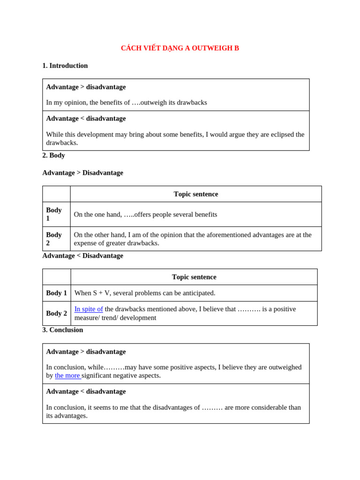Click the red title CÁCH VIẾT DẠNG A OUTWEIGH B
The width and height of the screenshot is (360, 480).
(x=180, y=48)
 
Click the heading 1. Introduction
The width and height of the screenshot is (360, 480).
(x=65, y=66)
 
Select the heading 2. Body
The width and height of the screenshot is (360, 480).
(x=53, y=155)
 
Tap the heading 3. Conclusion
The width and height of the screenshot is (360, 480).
(x=62, y=330)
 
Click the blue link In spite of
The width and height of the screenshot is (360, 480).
(x=89, y=309)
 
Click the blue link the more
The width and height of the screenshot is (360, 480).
(x=67, y=375)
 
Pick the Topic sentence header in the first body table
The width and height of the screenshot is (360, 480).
(x=195, y=194)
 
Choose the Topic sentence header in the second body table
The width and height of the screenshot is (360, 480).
(x=194, y=277)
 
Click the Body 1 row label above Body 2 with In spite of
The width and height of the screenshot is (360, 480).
(x=56, y=293)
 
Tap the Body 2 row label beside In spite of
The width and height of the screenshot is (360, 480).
(x=56, y=313)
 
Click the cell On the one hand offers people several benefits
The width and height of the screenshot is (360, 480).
(x=145, y=214)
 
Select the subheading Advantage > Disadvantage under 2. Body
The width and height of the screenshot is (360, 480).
(x=82, y=172)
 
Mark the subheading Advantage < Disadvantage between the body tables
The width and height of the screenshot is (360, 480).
(x=82, y=255)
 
